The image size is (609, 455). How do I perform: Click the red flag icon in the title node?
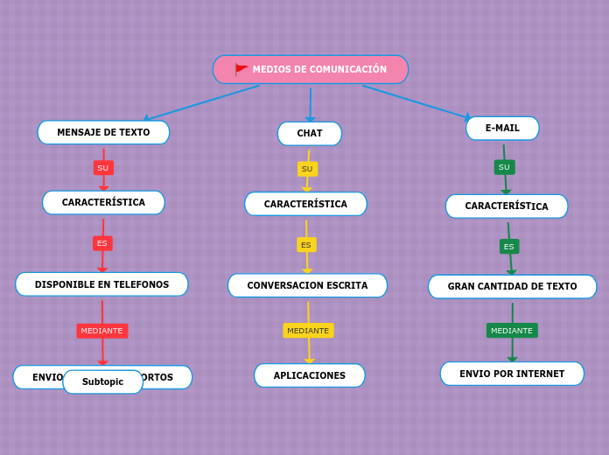[x=241, y=69]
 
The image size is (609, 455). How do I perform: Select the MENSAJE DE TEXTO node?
[x=103, y=132]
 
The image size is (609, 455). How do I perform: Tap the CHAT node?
[x=310, y=133]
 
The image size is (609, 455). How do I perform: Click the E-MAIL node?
[x=502, y=128]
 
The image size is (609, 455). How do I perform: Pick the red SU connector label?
[x=103, y=168]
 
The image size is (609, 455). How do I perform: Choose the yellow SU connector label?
[x=307, y=169]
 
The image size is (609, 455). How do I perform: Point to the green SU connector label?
[x=504, y=167]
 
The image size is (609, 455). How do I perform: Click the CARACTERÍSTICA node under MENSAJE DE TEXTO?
[x=103, y=202]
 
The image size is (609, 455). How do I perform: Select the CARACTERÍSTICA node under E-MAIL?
[x=507, y=206]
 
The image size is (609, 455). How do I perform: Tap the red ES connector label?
[x=102, y=243]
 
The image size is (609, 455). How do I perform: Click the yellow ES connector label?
[x=306, y=245]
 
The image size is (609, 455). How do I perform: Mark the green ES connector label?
[x=509, y=247]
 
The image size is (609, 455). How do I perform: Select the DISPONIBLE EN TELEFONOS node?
[x=101, y=284]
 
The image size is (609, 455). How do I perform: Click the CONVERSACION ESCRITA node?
[x=307, y=285]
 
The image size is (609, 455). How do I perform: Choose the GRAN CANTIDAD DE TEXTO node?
[x=512, y=286]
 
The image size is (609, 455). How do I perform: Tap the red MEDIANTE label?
[x=101, y=331]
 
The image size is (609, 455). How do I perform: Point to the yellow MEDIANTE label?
[x=308, y=331]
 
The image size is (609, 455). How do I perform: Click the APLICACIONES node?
[x=310, y=375]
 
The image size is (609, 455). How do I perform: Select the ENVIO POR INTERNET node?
[x=512, y=374]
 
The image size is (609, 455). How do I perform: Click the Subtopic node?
[x=102, y=381]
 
